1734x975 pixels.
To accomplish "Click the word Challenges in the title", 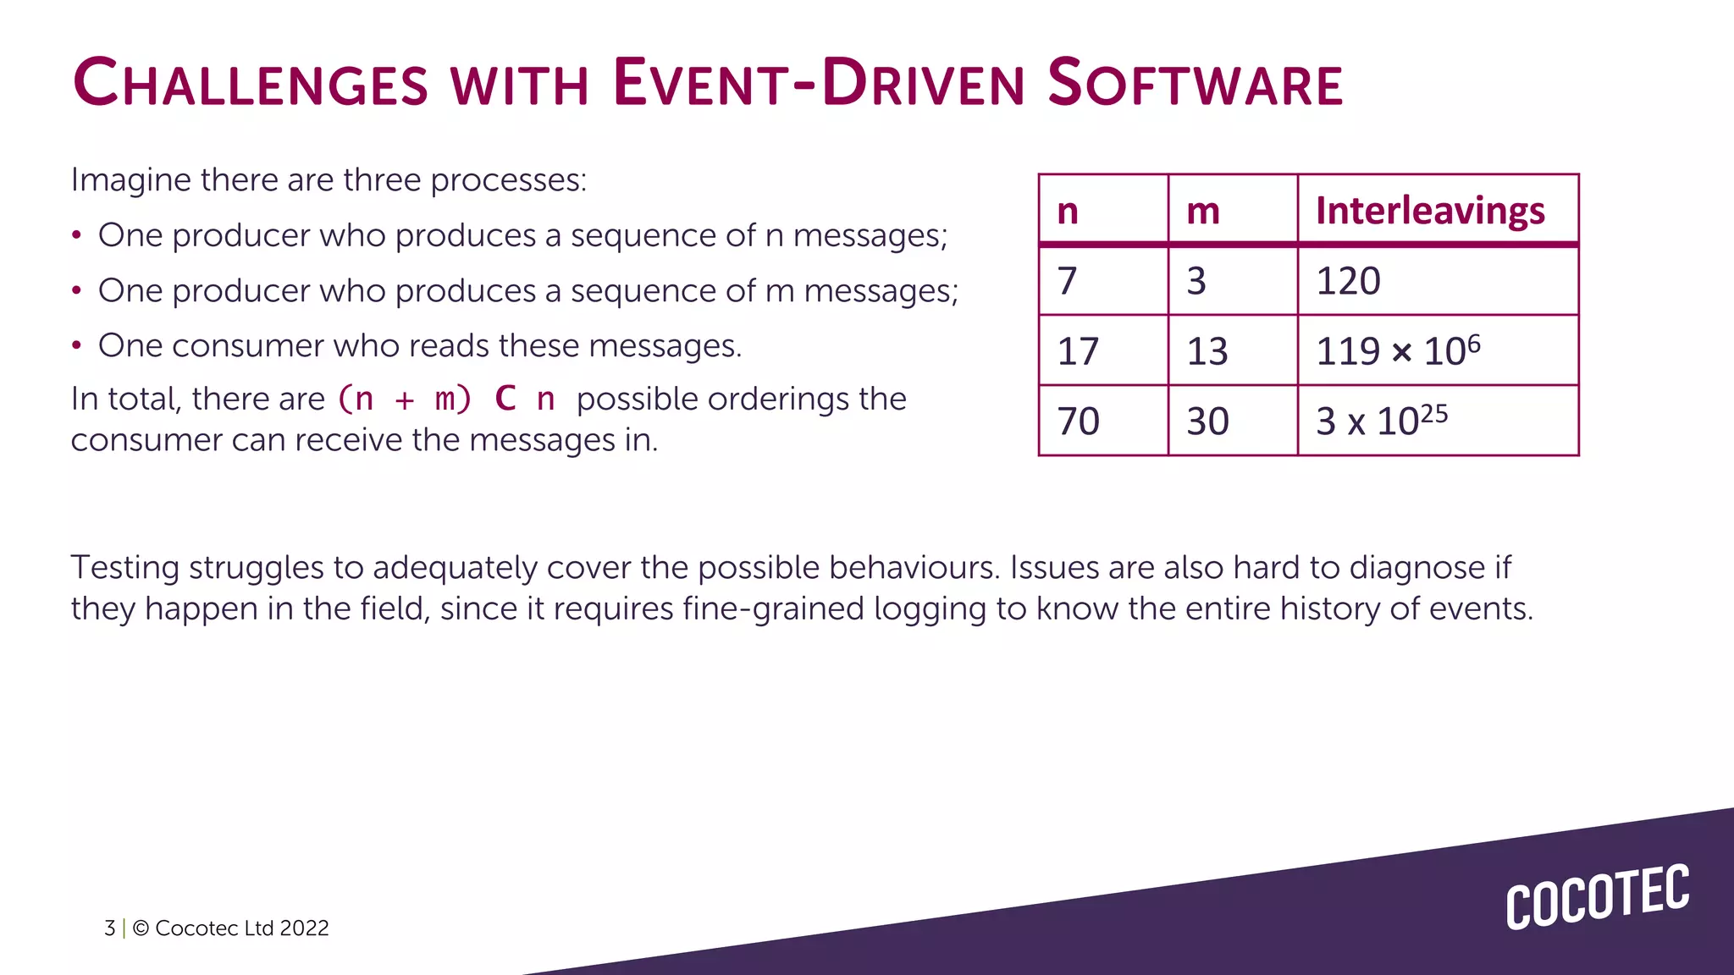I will [251, 84].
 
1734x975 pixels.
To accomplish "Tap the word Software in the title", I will [1195, 84].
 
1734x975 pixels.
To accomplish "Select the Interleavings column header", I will [1430, 210].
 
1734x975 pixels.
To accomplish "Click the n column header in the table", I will [1068, 210].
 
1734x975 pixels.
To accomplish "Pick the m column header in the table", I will [1203, 210].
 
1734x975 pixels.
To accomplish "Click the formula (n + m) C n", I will [446, 399].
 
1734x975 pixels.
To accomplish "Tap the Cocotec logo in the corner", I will [1597, 896].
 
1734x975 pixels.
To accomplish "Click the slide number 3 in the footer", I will [109, 928].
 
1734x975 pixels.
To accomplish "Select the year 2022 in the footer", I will [304, 928].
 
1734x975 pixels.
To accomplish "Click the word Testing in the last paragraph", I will [124, 568].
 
